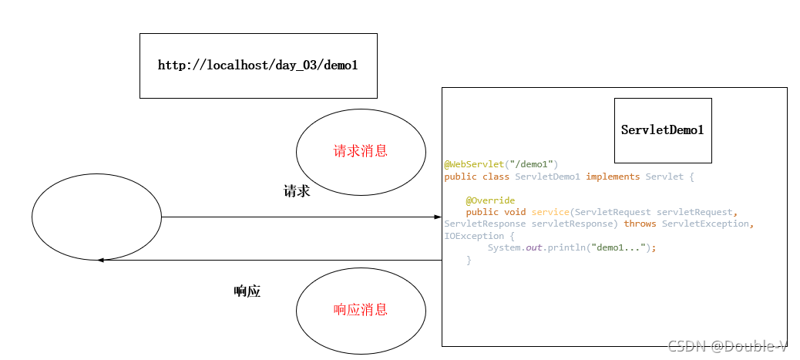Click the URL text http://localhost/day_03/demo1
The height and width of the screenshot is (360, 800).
(x=257, y=66)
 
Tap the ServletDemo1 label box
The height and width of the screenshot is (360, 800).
(x=662, y=130)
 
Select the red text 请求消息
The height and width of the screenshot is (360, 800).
(x=360, y=151)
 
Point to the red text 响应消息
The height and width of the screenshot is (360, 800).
(x=360, y=310)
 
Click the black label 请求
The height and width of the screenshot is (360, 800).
(x=297, y=191)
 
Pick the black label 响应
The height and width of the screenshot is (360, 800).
(x=247, y=291)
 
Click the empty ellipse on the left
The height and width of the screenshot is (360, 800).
(x=96, y=217)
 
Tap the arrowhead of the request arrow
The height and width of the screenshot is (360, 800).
(x=437, y=217)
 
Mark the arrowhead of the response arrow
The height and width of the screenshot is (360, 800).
(x=102, y=260)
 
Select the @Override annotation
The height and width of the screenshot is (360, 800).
(x=490, y=200)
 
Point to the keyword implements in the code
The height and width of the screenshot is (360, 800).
(x=613, y=177)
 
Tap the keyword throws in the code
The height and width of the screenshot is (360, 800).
(x=640, y=224)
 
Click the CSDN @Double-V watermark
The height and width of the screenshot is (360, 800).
(x=727, y=346)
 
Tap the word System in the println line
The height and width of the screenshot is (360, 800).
(x=504, y=247)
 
